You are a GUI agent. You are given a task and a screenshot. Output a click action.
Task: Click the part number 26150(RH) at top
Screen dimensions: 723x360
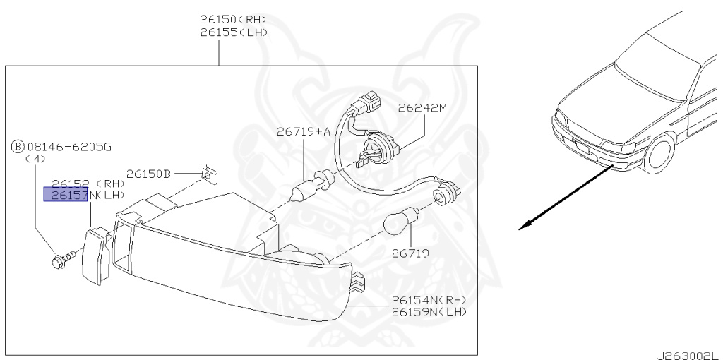pyautogui.click(x=233, y=19)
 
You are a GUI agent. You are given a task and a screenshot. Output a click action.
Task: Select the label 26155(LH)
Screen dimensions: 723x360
pyautogui.click(x=233, y=32)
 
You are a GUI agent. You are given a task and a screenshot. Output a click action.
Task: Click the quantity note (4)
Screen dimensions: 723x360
pyautogui.click(x=35, y=160)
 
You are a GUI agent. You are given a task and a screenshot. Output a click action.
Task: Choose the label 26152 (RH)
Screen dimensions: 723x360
pyautogui.click(x=88, y=184)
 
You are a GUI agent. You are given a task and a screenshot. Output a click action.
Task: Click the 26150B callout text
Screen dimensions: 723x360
pyautogui.click(x=150, y=172)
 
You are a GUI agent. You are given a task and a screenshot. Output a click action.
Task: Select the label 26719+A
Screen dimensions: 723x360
pyautogui.click(x=303, y=131)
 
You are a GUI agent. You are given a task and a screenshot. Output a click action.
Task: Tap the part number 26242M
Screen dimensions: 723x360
pyautogui.click(x=422, y=109)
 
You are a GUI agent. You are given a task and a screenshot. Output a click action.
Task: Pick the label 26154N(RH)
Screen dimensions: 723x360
pyautogui.click(x=429, y=300)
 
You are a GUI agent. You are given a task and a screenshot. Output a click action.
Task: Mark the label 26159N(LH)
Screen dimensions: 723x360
pyautogui.click(x=429, y=311)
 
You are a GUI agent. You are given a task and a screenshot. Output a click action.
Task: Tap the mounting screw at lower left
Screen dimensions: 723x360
pyautogui.click(x=59, y=258)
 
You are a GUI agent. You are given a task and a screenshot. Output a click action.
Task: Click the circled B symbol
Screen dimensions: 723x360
pyautogui.click(x=17, y=147)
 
